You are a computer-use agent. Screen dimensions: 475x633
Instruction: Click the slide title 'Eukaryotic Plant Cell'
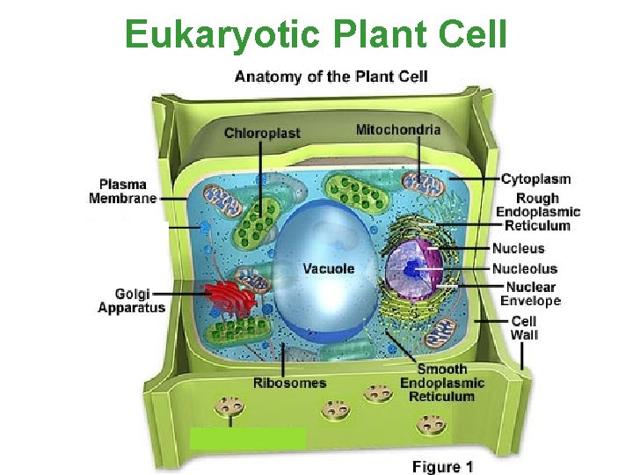(x=316, y=34)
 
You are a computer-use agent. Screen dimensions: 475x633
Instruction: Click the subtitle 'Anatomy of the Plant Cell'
(x=331, y=77)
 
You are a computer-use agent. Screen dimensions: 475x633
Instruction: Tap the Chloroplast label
(x=262, y=133)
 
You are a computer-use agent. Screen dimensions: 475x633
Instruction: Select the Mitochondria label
(x=398, y=130)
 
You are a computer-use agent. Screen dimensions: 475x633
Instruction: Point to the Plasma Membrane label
(x=123, y=191)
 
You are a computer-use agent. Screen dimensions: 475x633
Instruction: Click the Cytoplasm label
(x=535, y=179)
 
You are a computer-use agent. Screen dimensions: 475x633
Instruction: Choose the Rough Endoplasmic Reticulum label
(x=538, y=212)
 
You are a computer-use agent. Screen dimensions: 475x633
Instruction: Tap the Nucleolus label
(x=524, y=268)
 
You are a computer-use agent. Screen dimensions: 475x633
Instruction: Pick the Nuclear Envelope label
(x=530, y=294)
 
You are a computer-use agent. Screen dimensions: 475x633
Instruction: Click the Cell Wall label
(x=524, y=327)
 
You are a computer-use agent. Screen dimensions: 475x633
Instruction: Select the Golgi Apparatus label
(x=131, y=301)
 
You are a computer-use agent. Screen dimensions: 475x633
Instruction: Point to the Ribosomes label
(x=289, y=383)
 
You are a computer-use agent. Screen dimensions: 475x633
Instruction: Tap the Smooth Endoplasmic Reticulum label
(x=442, y=383)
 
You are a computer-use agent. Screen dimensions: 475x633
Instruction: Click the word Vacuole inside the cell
(x=329, y=268)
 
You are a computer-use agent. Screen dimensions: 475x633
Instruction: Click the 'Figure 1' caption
(x=442, y=466)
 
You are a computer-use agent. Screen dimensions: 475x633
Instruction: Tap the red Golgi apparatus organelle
(x=230, y=299)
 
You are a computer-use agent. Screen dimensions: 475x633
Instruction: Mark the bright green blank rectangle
(x=248, y=438)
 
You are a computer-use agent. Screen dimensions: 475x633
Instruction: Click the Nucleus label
(x=518, y=249)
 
